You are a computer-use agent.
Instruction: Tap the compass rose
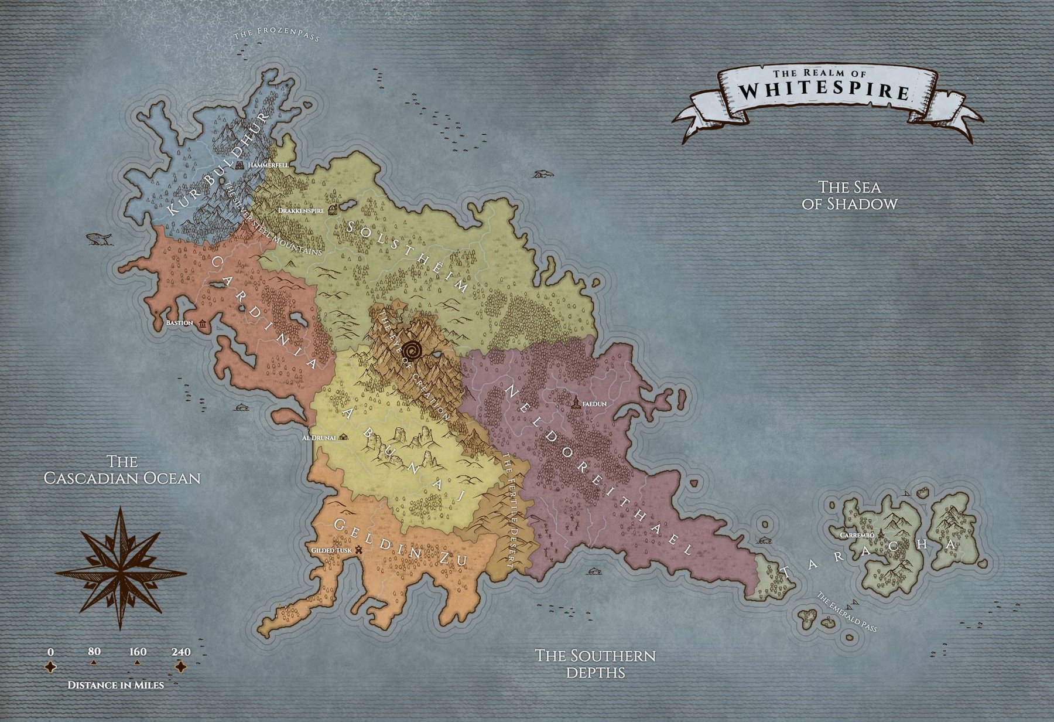click(x=121, y=568)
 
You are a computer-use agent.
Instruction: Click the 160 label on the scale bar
click(x=138, y=652)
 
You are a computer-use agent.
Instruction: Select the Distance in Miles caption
click(x=115, y=684)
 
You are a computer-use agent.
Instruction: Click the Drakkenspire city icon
click(x=333, y=209)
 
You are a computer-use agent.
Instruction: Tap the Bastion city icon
click(x=203, y=324)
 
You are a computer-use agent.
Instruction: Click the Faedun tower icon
click(x=576, y=402)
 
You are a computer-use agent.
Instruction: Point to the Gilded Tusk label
click(x=331, y=551)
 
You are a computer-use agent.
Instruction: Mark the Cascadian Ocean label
click(x=122, y=469)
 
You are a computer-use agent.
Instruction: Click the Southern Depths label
click(x=595, y=663)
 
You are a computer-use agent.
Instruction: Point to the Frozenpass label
click(x=276, y=35)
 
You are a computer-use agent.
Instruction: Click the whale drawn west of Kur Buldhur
click(x=99, y=239)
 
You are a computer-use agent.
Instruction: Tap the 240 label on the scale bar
click(x=181, y=652)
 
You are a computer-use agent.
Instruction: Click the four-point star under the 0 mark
click(x=51, y=667)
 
